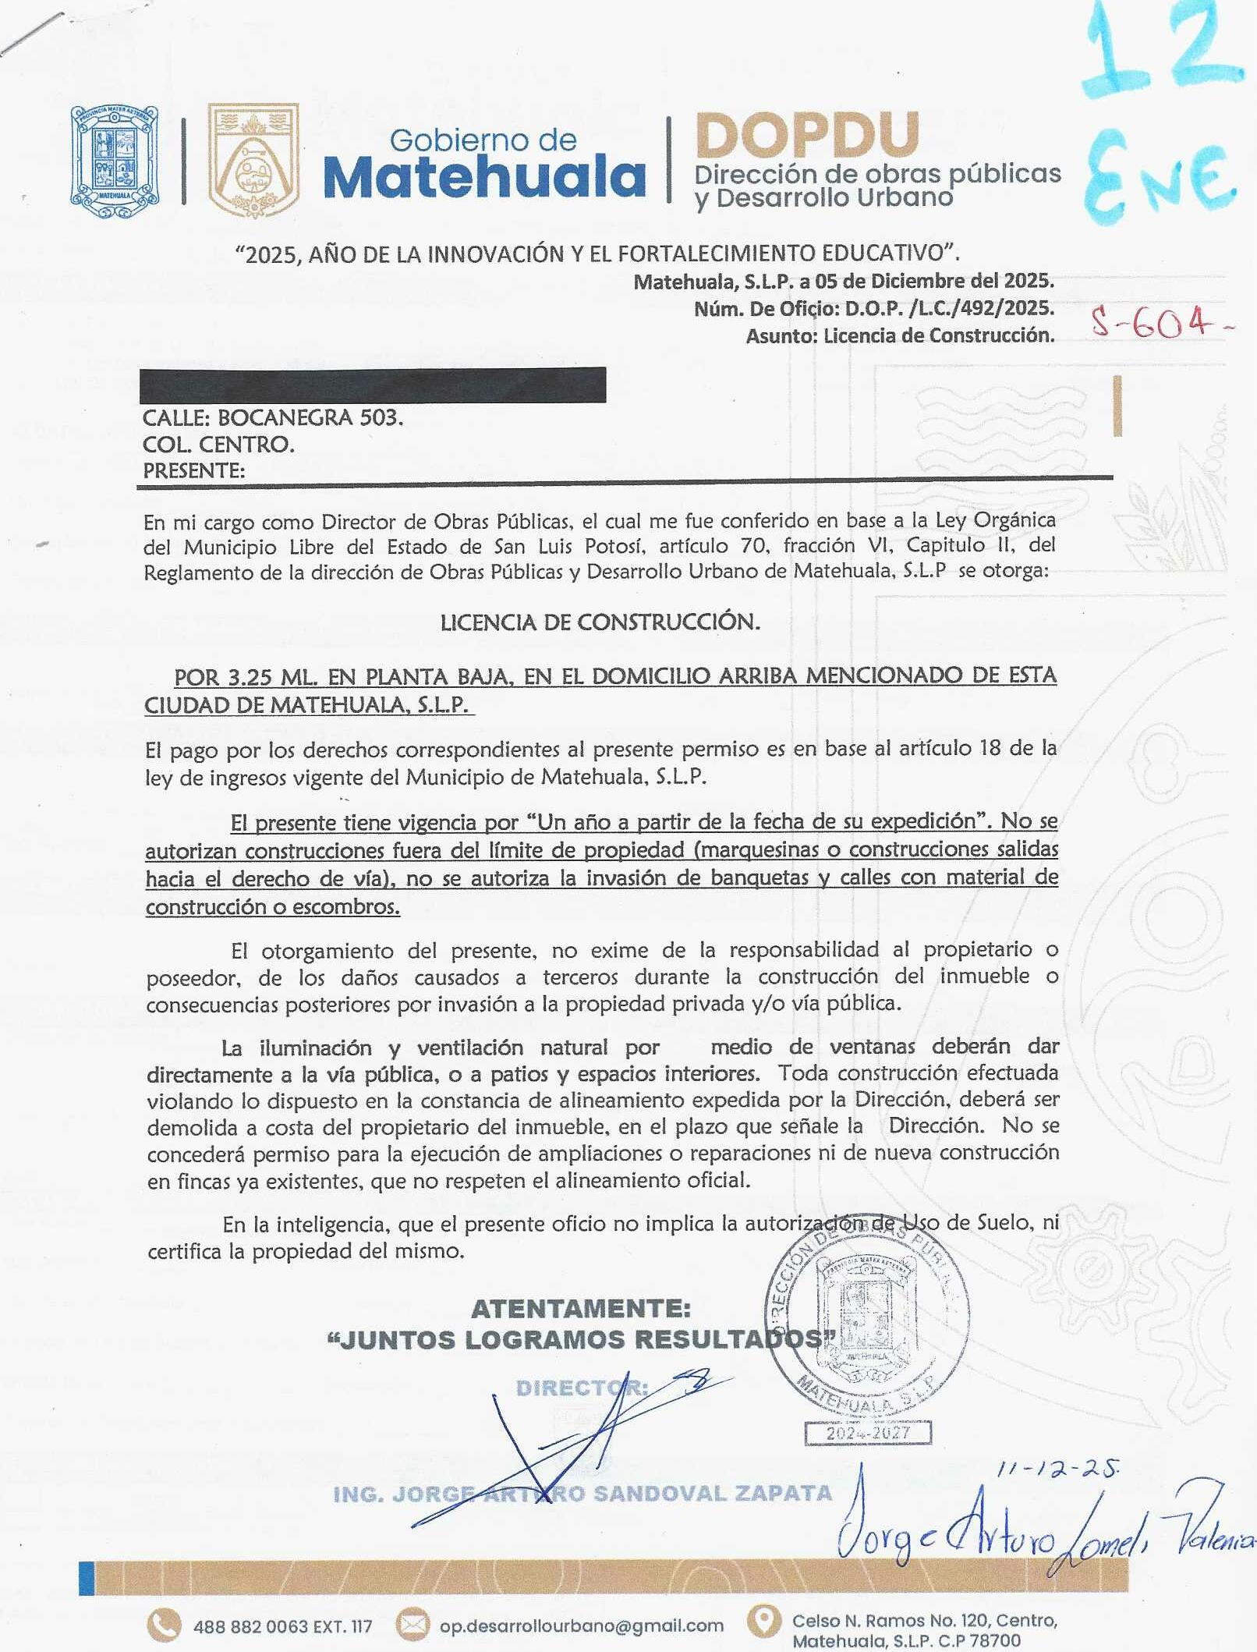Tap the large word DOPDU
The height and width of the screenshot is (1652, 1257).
coord(807,134)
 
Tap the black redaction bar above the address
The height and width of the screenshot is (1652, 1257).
coord(373,385)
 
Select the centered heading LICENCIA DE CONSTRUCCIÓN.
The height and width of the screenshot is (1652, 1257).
coord(600,622)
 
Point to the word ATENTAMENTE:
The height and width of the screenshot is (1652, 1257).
coord(581,1308)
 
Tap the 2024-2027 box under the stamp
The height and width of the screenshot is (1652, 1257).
coord(868,1433)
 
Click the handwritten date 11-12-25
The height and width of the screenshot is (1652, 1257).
coord(1058,1469)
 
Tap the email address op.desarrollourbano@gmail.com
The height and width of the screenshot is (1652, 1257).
coord(582,1625)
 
